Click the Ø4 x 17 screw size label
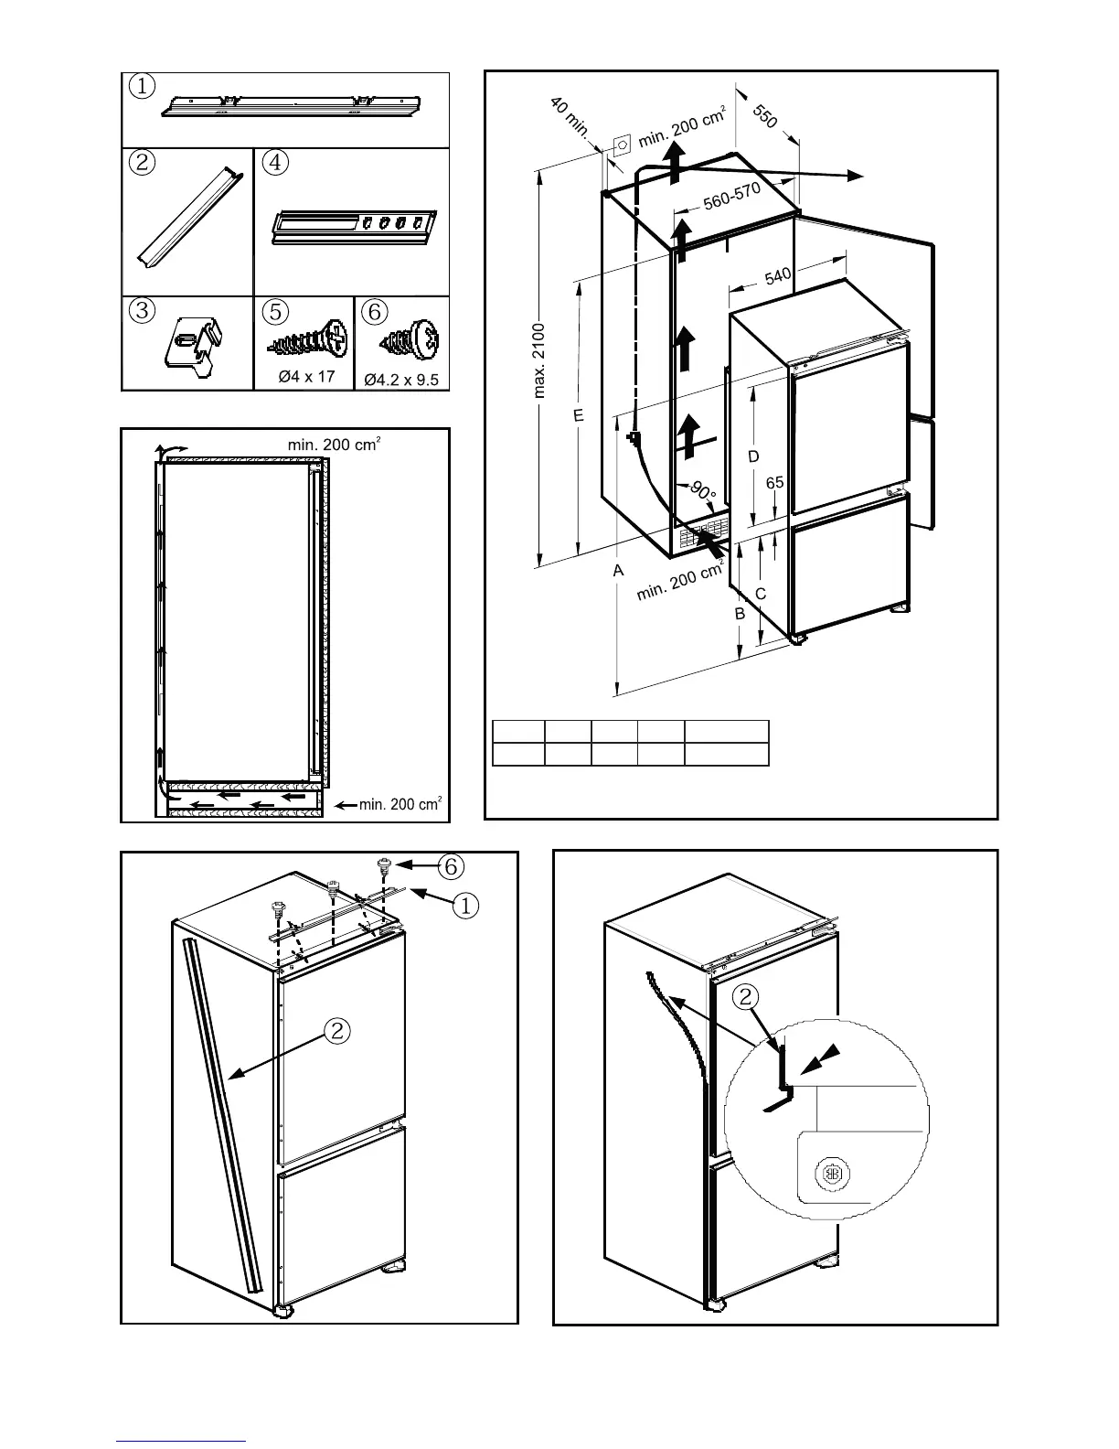click(307, 376)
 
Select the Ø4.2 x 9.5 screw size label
click(401, 379)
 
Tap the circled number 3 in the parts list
click(142, 310)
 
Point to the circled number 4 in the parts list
click(274, 162)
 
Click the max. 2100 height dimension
click(540, 360)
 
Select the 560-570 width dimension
click(731, 197)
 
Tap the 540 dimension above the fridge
click(778, 275)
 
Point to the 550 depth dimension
click(765, 116)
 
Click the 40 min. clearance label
click(570, 118)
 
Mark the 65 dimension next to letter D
click(774, 482)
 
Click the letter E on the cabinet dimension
click(578, 416)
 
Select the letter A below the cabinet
click(618, 570)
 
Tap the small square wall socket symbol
click(622, 145)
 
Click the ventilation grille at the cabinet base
click(705, 532)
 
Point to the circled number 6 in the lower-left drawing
click(451, 864)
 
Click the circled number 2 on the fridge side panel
click(337, 1031)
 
